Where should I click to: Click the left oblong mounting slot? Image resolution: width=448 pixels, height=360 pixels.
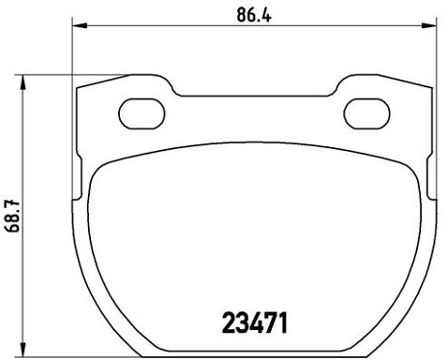(142, 112)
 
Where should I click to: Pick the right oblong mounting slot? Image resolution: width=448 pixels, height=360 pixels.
(365, 113)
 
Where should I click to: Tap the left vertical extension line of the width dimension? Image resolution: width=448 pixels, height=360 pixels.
(73, 56)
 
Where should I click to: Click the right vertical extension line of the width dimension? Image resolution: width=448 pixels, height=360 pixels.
(433, 56)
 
